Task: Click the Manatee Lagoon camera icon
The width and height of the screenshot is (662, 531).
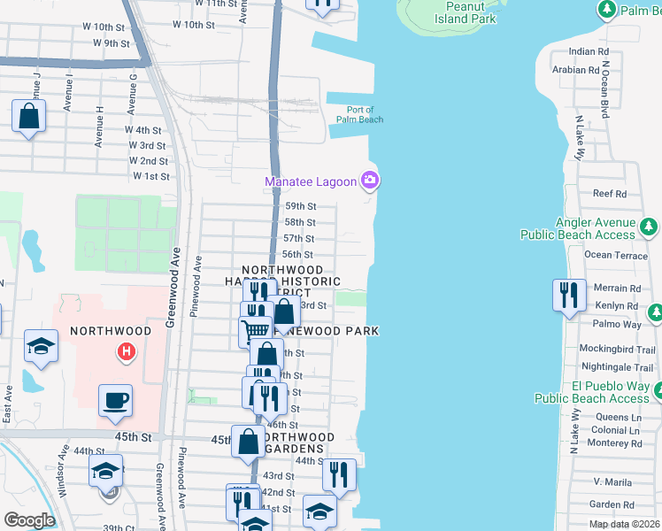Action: click(x=370, y=182)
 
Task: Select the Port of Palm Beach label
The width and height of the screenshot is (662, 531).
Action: click(x=358, y=114)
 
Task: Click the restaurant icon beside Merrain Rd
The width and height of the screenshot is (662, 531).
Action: click(x=567, y=295)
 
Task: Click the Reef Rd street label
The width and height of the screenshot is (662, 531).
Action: click(x=609, y=194)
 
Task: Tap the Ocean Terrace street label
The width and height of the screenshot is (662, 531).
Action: click(x=616, y=255)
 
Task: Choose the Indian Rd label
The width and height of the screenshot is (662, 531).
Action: click(x=589, y=52)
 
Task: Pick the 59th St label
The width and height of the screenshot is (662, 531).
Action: click(x=299, y=206)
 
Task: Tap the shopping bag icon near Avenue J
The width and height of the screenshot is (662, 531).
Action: click(x=29, y=118)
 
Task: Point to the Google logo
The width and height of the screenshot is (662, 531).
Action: click(x=30, y=520)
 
